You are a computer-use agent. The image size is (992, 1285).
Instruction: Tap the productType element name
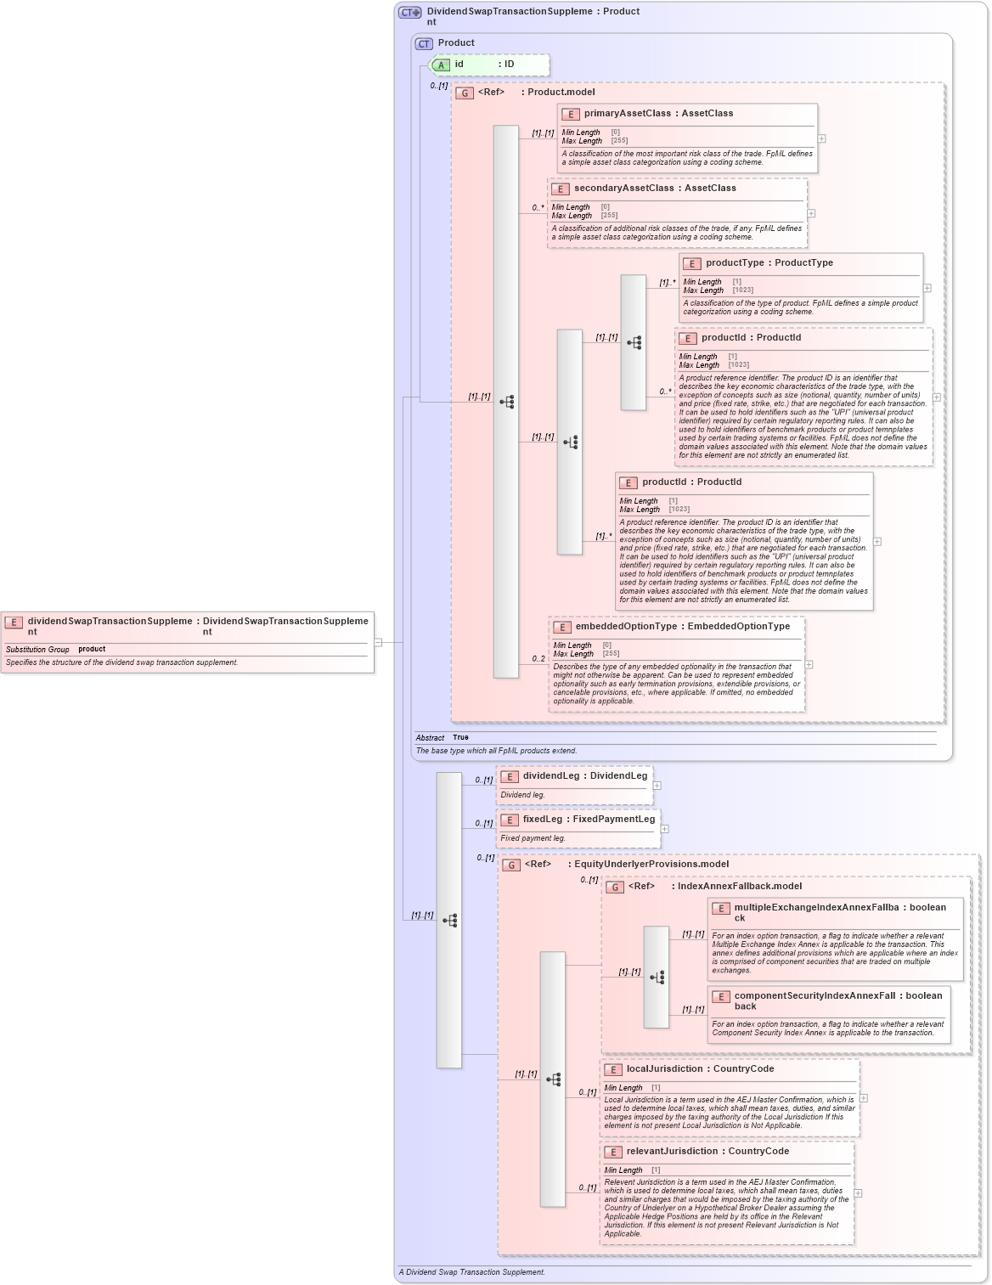(735, 263)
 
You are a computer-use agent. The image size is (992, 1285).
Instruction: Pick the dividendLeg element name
(551, 776)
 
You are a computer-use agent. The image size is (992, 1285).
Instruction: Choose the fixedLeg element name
(543, 820)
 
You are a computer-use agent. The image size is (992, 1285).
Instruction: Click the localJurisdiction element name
(664, 1069)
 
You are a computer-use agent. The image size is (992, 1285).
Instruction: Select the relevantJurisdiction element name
(672, 1152)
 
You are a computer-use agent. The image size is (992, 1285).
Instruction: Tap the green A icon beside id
(441, 65)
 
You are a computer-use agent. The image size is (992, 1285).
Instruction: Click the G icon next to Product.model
(465, 93)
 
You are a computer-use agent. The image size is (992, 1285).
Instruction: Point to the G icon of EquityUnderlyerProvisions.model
(511, 865)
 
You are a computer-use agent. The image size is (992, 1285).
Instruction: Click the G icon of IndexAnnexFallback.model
(615, 888)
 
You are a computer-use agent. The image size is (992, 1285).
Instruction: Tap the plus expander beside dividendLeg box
(657, 786)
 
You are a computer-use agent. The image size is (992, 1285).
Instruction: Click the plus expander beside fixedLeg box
(664, 829)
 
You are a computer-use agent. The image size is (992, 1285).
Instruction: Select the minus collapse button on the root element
(378, 642)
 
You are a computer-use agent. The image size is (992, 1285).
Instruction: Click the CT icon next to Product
(424, 43)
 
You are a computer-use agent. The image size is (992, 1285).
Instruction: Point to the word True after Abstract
(460, 737)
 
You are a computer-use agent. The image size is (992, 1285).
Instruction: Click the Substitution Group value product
(92, 650)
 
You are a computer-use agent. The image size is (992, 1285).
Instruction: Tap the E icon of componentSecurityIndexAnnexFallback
(721, 997)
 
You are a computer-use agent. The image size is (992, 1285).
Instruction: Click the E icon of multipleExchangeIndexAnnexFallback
(721, 909)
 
